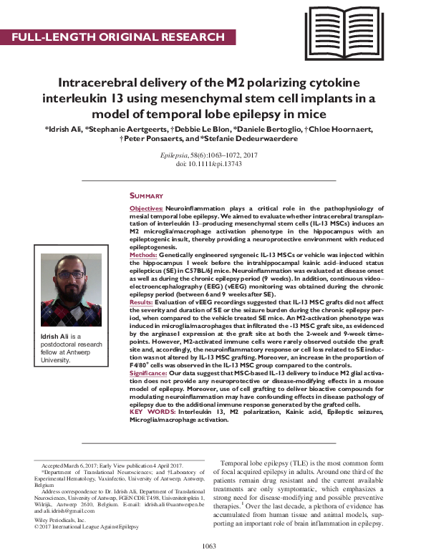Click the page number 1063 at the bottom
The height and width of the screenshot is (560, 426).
[x=209, y=546]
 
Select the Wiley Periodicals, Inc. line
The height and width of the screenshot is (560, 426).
[x=58, y=520]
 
